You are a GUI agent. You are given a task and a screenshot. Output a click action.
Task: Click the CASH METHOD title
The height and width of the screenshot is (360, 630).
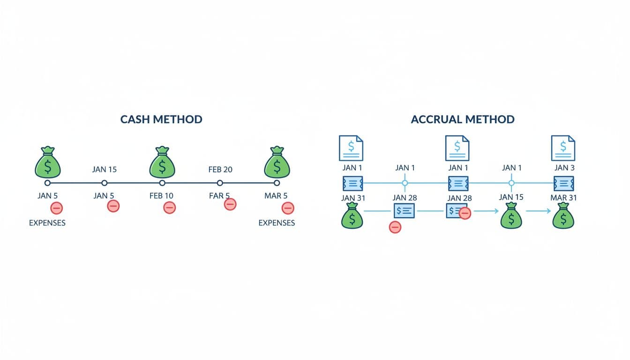coord(161,119)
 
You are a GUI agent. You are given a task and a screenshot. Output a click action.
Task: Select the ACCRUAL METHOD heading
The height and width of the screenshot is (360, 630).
coord(463,119)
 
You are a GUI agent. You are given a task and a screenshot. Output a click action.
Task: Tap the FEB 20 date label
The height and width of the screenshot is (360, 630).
coord(220,169)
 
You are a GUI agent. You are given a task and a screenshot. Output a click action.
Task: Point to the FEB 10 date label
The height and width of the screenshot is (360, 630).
coord(162,195)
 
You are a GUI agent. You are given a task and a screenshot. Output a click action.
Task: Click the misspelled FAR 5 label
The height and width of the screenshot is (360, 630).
coord(219,195)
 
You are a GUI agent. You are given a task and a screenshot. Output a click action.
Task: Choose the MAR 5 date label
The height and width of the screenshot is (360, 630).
coord(276,195)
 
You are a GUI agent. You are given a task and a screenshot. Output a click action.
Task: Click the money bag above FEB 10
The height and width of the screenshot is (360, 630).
coord(162,162)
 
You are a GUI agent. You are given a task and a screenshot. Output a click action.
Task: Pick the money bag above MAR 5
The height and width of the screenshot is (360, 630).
coord(277,162)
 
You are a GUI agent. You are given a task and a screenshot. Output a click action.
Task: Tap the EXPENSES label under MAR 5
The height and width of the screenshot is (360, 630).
coord(277,223)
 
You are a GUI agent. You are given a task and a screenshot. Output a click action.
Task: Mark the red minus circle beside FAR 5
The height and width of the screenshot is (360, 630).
coord(230,204)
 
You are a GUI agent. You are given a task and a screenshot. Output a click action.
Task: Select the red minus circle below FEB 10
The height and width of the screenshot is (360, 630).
coord(169,207)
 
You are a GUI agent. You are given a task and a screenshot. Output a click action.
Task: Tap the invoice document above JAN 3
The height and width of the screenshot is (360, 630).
coord(563,148)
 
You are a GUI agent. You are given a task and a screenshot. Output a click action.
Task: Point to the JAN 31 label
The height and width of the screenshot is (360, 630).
coord(353,198)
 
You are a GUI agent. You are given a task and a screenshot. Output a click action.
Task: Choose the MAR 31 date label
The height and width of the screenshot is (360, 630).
coord(563,198)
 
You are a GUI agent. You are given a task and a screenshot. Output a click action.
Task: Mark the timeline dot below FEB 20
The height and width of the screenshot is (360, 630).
coord(220,183)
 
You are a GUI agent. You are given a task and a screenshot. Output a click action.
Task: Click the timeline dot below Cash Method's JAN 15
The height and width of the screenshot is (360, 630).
coord(105,183)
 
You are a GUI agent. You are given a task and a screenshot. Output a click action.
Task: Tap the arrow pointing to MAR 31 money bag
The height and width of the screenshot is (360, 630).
coord(539,211)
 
